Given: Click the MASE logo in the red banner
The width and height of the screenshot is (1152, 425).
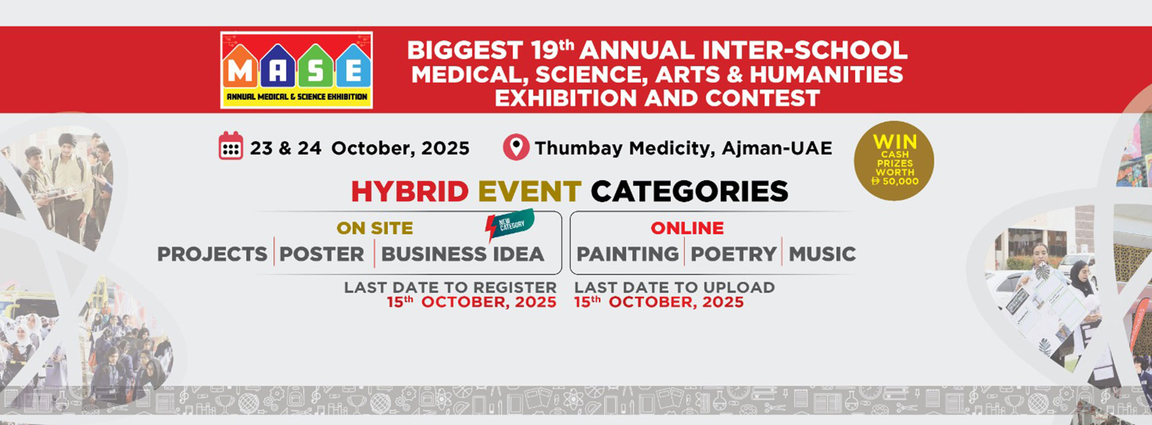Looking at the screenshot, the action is pos(297,70).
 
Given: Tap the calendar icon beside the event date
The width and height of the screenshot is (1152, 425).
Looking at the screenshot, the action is pos(231,146).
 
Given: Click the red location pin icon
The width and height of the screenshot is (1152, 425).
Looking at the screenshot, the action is pos(516,147).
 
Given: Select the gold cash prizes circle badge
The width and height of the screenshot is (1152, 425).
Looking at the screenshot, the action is pos(894,161).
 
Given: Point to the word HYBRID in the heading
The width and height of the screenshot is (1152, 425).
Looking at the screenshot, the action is pos(410,192).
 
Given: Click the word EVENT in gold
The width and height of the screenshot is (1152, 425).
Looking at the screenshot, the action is pos(530,192).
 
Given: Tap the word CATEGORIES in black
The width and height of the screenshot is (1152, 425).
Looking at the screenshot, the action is pos(690,192).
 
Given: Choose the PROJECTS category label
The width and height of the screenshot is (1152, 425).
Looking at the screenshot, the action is pos(212,254).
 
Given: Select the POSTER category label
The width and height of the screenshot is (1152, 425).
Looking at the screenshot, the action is pos(321,254).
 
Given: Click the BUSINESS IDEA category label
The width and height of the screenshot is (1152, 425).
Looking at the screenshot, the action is pos(462,254).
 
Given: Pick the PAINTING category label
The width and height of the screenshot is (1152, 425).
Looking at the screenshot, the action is pos(627,254).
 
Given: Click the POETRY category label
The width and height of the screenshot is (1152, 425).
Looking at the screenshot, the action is pos(734,254).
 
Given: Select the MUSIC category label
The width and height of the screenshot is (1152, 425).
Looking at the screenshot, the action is pos(822,254).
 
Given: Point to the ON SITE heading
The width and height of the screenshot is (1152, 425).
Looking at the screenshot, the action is pos(375,228).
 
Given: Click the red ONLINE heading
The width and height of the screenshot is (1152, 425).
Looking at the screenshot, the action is pos(687,228).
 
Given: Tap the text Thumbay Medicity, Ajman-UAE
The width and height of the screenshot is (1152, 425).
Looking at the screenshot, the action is pos(683,148).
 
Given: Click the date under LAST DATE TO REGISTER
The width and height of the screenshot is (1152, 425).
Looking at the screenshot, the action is pos(472,302).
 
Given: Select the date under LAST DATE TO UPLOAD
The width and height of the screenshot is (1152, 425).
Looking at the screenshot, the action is pos(659,302).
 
